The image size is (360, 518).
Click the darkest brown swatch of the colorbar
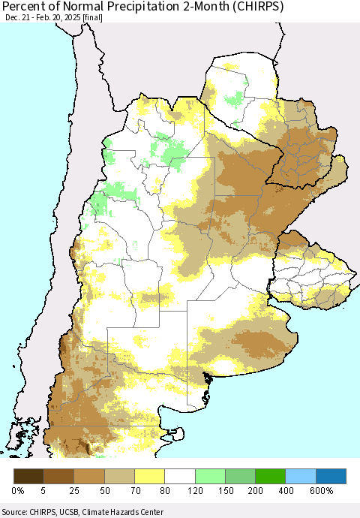pos(29,476)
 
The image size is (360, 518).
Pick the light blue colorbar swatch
pos(300,476)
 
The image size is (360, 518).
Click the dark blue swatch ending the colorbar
pos(330,476)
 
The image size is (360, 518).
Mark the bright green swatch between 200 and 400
pos(270,476)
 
